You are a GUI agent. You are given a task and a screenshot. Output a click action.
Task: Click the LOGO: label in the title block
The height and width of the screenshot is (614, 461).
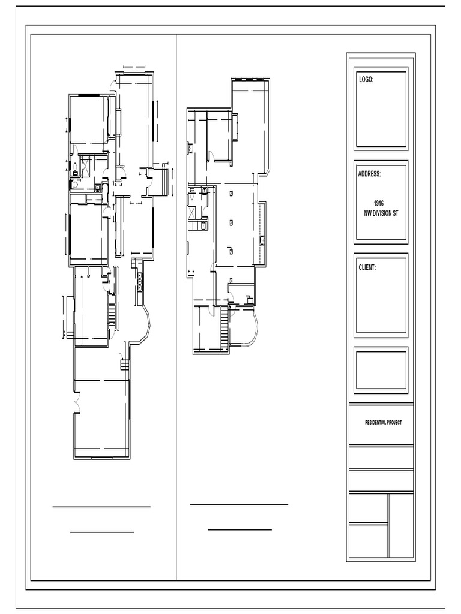pyautogui.click(x=366, y=79)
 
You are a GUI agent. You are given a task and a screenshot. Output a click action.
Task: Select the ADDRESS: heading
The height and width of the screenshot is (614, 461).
pyautogui.click(x=370, y=174)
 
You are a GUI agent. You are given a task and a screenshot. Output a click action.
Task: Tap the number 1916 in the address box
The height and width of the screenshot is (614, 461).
pyautogui.click(x=378, y=204)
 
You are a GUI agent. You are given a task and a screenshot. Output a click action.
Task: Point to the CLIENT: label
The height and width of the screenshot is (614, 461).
pyautogui.click(x=367, y=267)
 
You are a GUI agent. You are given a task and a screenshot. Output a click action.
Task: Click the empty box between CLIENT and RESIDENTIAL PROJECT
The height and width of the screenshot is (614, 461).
pyautogui.click(x=381, y=369)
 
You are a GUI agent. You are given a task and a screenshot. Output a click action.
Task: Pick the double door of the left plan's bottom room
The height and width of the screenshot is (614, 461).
pyautogui.click(x=76, y=403)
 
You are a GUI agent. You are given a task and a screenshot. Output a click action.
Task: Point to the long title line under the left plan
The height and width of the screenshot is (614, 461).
pyautogui.click(x=101, y=507)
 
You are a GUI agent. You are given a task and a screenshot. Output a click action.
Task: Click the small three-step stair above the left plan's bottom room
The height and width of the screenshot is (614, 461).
pyautogui.click(x=124, y=364)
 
